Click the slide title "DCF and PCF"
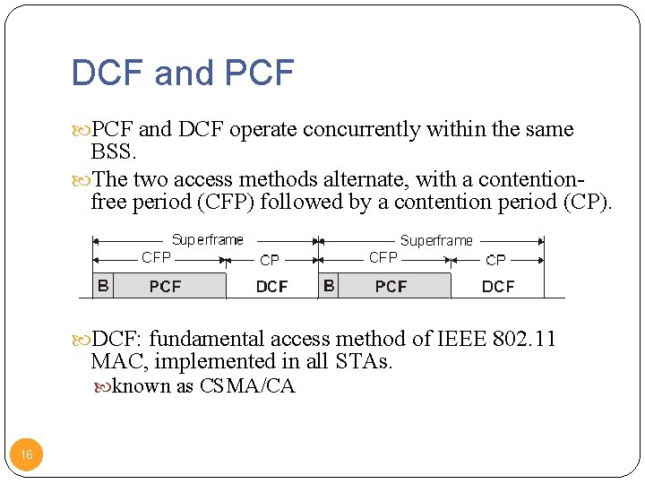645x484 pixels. point(182,73)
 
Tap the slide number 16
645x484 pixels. point(27,455)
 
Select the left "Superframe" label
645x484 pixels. point(208,239)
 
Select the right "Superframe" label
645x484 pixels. point(436,240)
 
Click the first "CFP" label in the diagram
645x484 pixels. point(157,258)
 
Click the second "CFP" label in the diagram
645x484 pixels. point(383,257)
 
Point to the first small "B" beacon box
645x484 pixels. point(103,286)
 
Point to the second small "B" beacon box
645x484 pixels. point(329,286)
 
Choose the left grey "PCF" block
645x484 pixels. point(166,287)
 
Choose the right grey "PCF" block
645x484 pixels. point(391,287)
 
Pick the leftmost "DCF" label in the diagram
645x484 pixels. point(271,287)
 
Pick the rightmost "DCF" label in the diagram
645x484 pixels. point(498,287)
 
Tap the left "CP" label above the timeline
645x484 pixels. point(270,260)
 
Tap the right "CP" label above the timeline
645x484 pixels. point(495,260)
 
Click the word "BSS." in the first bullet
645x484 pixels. point(114,152)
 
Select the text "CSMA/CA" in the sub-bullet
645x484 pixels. point(247,387)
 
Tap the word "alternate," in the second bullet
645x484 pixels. point(346,179)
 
